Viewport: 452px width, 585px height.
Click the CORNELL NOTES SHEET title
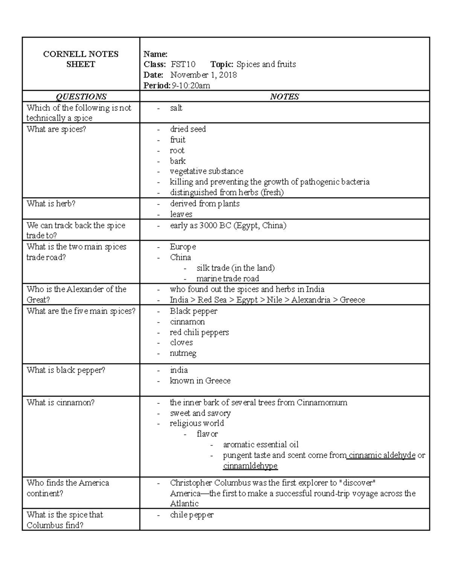81,59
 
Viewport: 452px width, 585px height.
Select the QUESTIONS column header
81,97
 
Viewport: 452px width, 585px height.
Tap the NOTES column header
284,97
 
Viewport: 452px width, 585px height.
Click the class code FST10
183,64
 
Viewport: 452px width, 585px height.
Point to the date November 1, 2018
203,75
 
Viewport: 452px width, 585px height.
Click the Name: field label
155,54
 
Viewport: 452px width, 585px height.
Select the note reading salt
176,108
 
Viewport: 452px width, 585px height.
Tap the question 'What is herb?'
51,204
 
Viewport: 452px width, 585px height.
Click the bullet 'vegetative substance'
206,171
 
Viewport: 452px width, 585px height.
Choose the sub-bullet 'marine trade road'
228,279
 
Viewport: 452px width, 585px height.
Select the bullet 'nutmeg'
183,353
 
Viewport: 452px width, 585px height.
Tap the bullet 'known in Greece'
200,381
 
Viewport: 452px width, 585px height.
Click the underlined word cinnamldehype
250,466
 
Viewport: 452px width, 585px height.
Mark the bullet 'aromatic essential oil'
261,444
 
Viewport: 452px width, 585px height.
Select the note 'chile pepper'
192,515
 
